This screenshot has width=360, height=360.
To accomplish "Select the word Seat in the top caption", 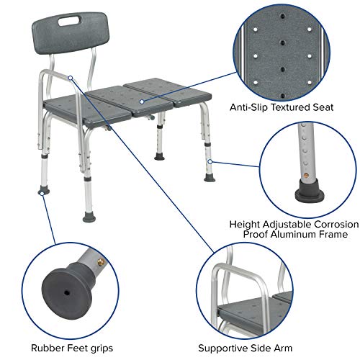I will [x=320, y=108].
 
